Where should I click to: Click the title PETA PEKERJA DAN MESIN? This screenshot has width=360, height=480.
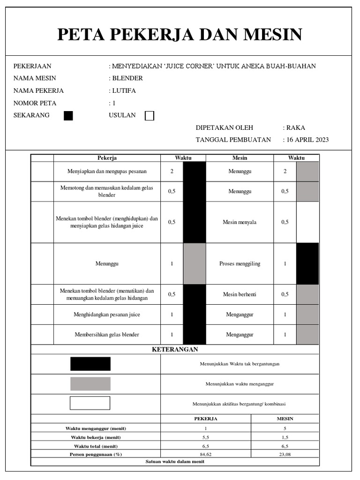click(x=180, y=35)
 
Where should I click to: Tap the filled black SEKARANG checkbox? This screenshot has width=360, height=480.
click(x=68, y=116)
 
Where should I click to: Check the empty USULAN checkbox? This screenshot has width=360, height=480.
click(x=150, y=116)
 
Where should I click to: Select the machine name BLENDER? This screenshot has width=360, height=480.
click(x=127, y=78)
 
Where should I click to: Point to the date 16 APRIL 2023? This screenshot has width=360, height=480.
click(x=307, y=140)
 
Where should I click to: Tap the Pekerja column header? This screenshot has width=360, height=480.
click(x=107, y=158)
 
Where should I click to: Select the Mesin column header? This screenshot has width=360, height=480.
click(x=240, y=158)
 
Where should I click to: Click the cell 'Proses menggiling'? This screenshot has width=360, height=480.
click(x=240, y=264)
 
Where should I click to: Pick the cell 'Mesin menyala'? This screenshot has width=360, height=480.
click(x=240, y=222)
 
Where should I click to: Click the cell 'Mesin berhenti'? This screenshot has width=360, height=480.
click(x=240, y=294)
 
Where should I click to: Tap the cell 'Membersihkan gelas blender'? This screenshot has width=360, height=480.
click(x=107, y=335)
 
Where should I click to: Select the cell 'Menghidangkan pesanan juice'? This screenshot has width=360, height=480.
click(x=107, y=315)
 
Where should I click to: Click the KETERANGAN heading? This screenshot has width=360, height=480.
click(x=175, y=350)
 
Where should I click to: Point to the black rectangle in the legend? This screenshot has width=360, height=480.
click(x=90, y=364)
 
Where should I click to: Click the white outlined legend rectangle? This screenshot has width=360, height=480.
click(x=90, y=403)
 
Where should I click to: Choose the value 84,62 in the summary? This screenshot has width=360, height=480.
click(x=205, y=454)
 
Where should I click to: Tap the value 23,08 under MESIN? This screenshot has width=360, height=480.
click(x=285, y=454)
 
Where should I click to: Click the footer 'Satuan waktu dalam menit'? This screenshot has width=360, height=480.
click(x=175, y=462)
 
